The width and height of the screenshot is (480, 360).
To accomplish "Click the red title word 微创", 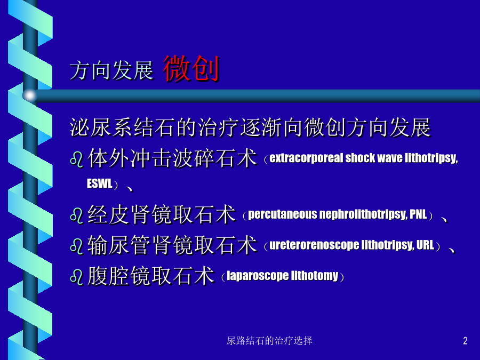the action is [x=191, y=69].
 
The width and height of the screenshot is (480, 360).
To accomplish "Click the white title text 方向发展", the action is [x=111, y=71].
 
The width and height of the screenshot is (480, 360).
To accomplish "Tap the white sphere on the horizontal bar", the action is [x=30, y=95].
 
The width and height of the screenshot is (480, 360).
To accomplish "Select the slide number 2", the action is [x=465, y=341].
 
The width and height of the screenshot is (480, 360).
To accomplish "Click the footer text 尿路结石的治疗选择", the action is [x=269, y=341].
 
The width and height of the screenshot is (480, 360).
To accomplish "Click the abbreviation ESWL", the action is [x=100, y=183].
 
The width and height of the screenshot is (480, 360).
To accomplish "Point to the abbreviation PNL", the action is [x=418, y=214].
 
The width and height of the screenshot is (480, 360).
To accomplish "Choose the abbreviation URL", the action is [x=426, y=245].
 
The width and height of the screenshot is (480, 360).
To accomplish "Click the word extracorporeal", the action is [x=307, y=158].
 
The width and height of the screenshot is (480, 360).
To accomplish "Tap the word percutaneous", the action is [x=282, y=214].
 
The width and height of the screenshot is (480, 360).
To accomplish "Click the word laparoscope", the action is [x=257, y=276].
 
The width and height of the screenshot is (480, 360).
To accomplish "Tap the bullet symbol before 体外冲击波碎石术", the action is [x=76, y=159].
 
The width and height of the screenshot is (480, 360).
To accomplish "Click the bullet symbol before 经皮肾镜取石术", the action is [x=76, y=215].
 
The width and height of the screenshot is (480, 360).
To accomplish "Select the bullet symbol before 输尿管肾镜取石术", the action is [x=76, y=246].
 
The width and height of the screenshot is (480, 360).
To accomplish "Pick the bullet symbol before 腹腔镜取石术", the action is [x=76, y=277].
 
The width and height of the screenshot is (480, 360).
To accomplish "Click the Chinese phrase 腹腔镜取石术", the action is [x=151, y=276].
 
